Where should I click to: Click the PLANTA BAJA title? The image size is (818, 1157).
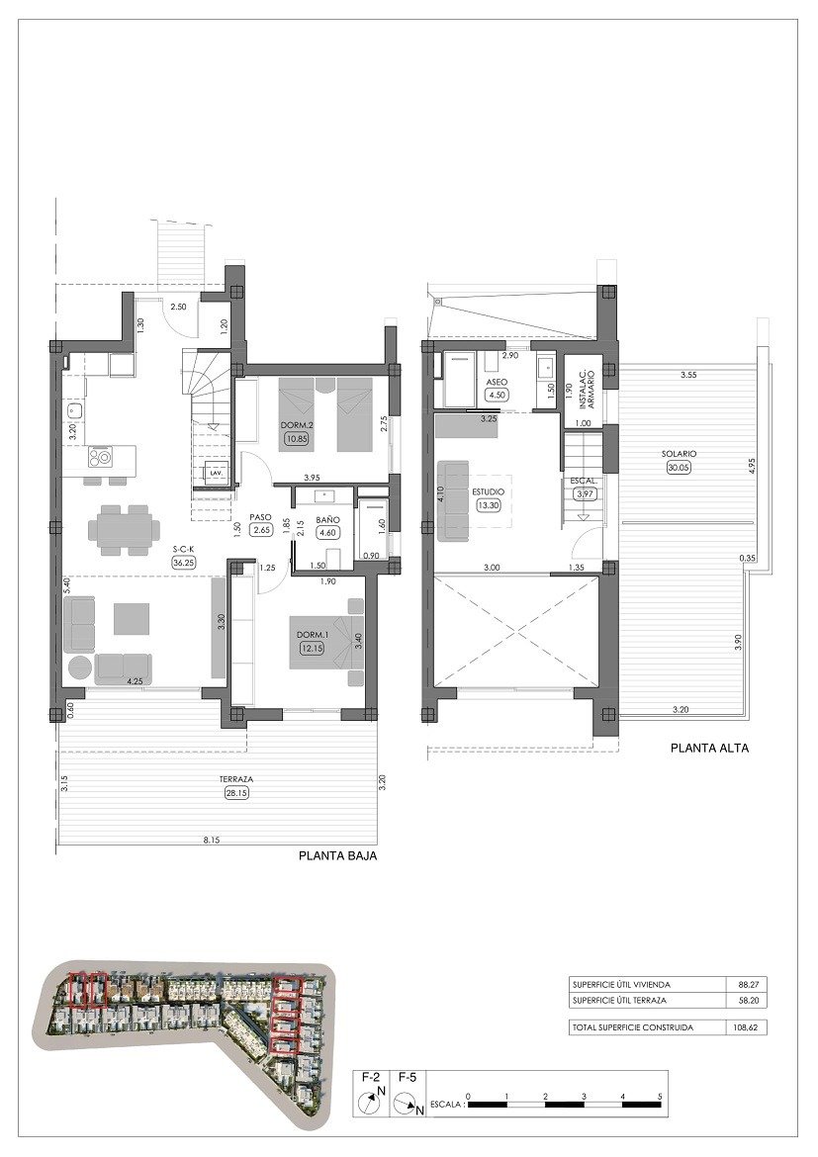coord(337,857)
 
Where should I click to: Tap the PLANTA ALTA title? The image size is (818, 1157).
coord(709,749)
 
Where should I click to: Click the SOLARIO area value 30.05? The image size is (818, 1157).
coord(679,469)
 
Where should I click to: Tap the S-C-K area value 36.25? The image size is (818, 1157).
coord(183,562)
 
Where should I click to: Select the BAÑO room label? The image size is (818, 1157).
coord(326,518)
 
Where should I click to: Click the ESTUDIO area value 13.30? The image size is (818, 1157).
coord(489,504)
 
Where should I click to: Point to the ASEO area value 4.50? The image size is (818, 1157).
coord(497,396)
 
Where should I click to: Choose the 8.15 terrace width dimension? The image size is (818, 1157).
coord(212,841)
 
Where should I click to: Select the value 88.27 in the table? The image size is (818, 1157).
coord(748,985)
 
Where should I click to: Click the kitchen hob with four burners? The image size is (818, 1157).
coord(100,456)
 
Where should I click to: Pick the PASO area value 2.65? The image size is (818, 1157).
coord(261,530)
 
